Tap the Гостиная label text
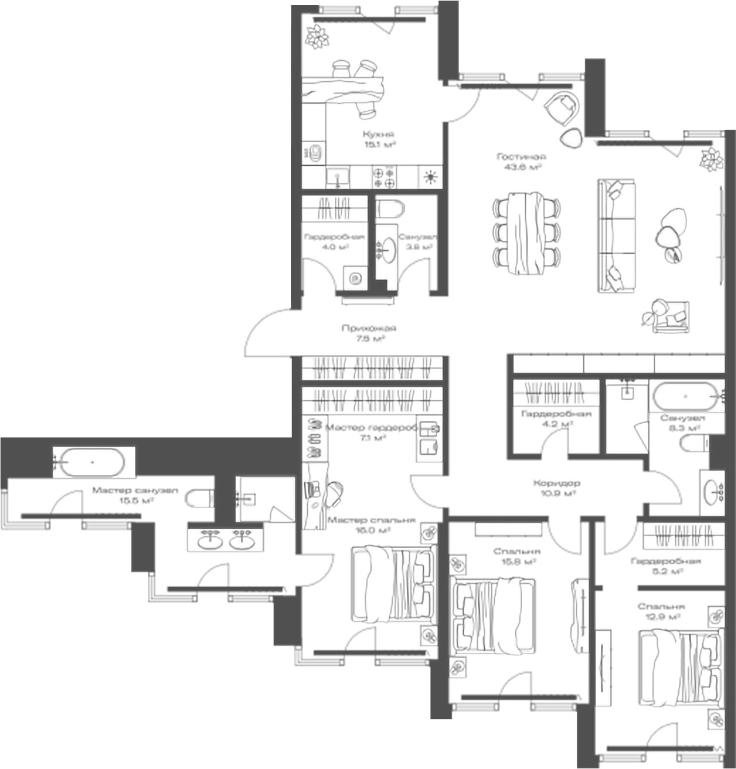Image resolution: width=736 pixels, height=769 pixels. tap(521, 157)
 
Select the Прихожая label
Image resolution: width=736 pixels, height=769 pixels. tap(369, 329)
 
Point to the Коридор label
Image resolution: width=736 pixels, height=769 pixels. tap(556, 483)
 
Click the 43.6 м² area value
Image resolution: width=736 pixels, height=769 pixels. tap(520, 167)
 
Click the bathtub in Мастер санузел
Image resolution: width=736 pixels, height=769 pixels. tap(91, 462)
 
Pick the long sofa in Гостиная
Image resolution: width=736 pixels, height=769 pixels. tap(616, 235)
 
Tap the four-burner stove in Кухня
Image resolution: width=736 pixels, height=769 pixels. tap(384, 177)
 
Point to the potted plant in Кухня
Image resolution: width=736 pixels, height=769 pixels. tap(316, 36)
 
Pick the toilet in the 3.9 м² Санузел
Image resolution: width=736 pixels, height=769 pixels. tap(392, 209)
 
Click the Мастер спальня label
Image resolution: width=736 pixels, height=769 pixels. tap(371, 521)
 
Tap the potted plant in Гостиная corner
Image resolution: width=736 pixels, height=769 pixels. tap(711, 158)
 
